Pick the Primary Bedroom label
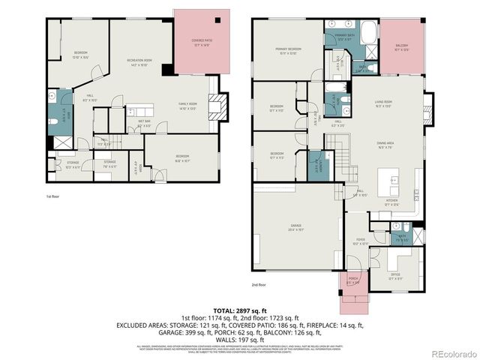click(288, 52)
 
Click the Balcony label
click(402, 48)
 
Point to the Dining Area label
click(386, 145)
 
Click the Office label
click(395, 275)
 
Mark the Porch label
click(353, 282)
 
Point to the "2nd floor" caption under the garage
click(260, 285)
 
